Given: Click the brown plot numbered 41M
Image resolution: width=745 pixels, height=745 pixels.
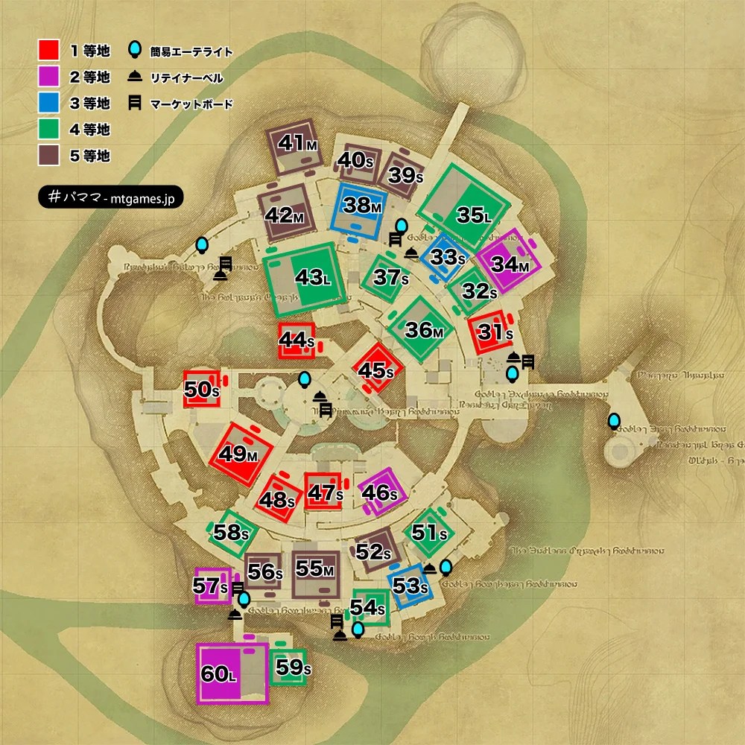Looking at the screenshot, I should pos(291,143).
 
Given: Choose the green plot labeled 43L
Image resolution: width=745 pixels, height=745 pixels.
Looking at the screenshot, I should pos(307,279).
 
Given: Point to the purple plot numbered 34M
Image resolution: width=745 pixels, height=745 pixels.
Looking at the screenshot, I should pos(514,263).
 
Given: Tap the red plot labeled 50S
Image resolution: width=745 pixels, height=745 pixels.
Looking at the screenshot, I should pos(202,390).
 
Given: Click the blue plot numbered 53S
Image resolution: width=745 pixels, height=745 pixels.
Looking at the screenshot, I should pos(408,586).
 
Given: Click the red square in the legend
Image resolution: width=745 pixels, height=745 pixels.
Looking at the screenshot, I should pos(48,50).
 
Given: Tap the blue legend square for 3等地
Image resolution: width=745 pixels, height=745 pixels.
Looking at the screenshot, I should pos(48,103).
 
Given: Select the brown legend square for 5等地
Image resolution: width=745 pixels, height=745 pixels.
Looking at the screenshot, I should pos(48,156).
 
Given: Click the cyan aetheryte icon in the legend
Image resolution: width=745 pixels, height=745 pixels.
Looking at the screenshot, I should pos(135,50).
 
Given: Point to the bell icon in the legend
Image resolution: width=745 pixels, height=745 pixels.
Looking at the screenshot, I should pos(136,77).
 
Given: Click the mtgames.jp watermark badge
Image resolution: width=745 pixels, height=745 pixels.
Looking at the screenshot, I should pos(110,197).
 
